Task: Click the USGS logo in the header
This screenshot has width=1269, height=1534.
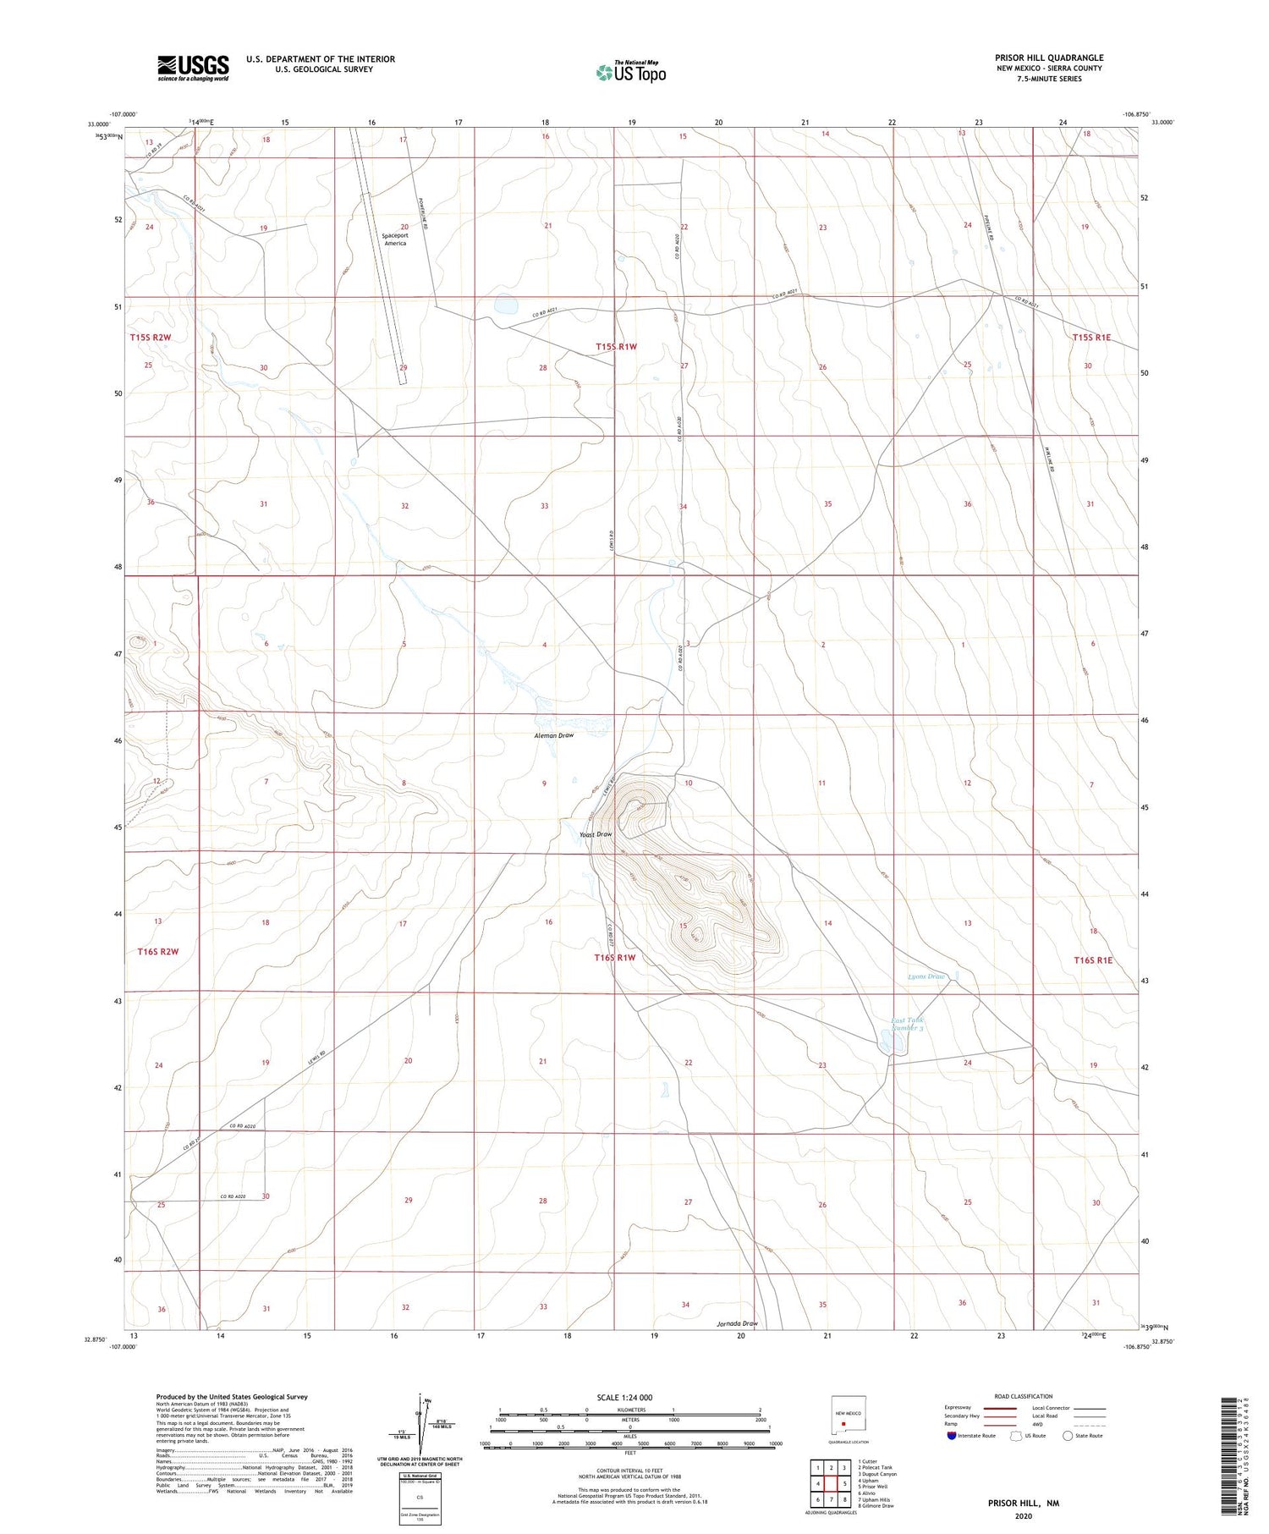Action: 193,68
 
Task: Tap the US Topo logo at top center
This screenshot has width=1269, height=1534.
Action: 630,73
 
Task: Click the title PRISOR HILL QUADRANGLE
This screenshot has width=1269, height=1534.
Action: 1048,58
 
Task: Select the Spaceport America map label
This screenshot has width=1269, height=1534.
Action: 395,238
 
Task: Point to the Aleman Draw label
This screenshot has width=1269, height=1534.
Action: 553,735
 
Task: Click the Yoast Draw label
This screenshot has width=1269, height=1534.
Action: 595,834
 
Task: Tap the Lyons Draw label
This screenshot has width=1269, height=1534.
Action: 926,976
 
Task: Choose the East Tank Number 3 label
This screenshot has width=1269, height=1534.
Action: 907,1024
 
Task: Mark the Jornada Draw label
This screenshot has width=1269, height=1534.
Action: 737,1323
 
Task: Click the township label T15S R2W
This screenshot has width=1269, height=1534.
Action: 151,337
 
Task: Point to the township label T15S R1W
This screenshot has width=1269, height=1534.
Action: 616,347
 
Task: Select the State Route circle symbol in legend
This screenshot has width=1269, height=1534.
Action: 1068,1436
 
